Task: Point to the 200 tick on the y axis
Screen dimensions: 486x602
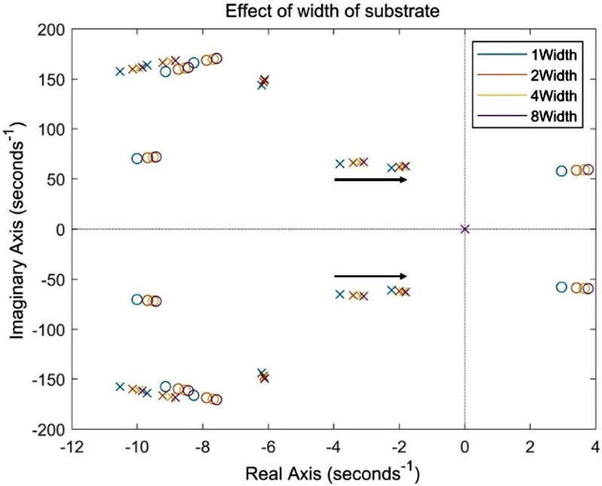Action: [50, 29]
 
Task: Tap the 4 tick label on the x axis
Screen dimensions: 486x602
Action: [595, 445]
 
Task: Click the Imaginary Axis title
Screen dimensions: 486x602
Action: [17, 229]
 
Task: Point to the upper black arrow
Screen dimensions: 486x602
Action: [371, 180]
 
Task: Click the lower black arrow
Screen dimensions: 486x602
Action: [371, 276]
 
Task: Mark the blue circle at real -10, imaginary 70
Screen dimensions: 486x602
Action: [137, 159]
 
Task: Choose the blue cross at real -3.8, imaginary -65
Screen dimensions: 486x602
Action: [339, 294]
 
